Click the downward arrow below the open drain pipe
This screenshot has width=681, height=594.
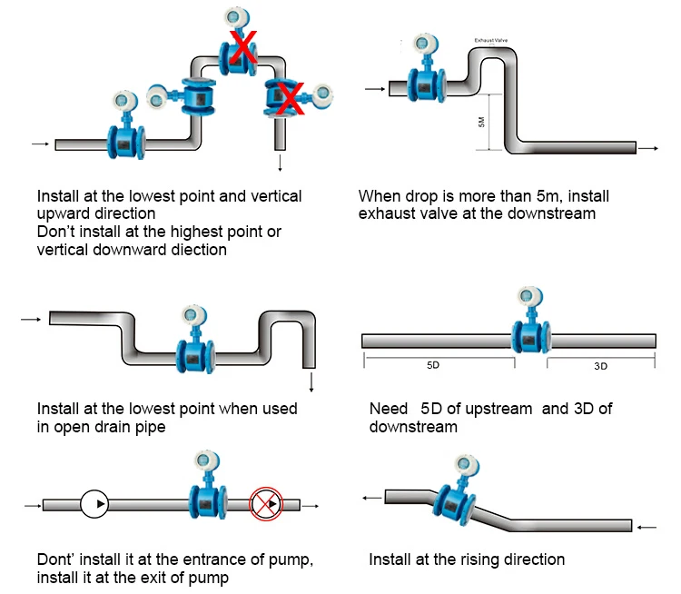point(311,381)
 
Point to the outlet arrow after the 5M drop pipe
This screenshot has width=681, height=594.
point(648,148)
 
